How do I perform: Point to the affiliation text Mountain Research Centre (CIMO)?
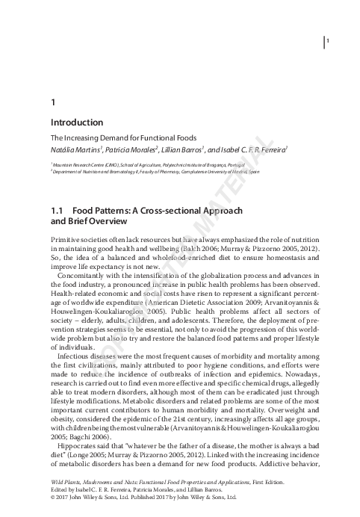coord(87,163)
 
